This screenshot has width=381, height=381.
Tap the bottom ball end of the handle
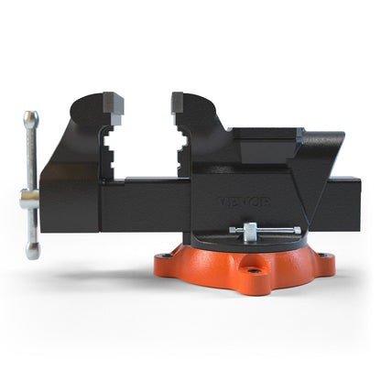coord(32,250)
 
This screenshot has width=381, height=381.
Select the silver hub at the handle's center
coord(29,196)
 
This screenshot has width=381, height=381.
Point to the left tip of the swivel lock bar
coord(232,230)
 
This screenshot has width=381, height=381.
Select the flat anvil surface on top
coord(266,133)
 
